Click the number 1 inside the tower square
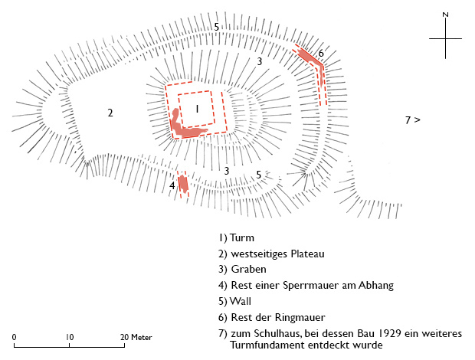point(197,110)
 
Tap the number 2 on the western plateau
point(110,113)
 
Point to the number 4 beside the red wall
point(172,185)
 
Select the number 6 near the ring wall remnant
point(321,53)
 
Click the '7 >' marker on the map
point(413,119)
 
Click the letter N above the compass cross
point(445,15)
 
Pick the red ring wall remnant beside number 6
point(310,56)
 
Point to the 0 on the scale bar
point(15,337)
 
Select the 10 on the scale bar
point(69,337)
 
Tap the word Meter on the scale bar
point(141,337)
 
